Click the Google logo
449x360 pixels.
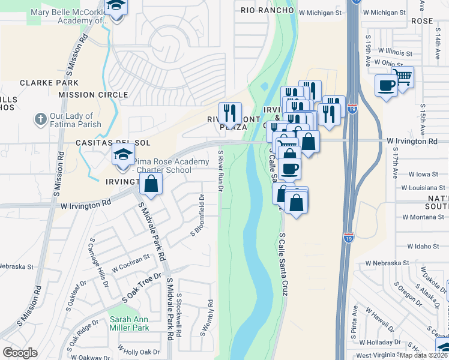pos(20,352)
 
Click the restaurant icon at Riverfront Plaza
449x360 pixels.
pos(230,112)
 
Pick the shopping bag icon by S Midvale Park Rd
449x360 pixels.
pos(151,184)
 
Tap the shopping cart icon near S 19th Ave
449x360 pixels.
pos(403,77)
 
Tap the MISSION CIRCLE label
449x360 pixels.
pos(93,95)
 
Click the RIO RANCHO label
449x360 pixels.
pos(268,10)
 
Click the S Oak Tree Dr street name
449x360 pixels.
pos(142,286)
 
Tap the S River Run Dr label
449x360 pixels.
pos(220,171)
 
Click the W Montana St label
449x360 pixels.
pos(425,217)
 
